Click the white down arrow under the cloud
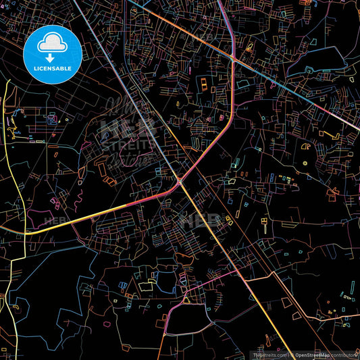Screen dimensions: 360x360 tap(51, 58)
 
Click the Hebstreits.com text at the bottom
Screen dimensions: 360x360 tap(268, 355)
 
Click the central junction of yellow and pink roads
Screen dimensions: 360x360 tap(180, 182)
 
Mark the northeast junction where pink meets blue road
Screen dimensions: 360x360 tap(233, 59)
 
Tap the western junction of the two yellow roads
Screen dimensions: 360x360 tap(26, 233)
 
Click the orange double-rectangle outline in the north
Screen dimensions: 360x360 tap(203, 84)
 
